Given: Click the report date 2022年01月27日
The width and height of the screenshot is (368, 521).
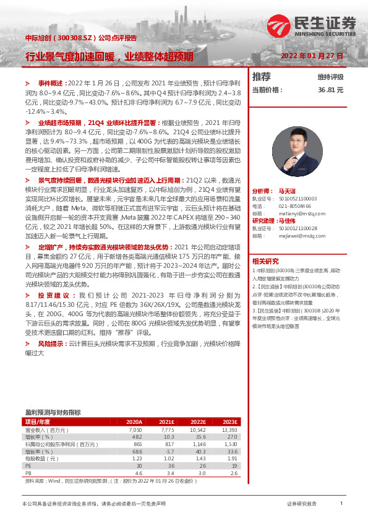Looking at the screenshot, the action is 312,56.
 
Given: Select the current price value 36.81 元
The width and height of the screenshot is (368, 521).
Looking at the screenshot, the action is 330,90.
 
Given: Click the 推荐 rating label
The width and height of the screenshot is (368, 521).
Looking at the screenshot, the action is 262,77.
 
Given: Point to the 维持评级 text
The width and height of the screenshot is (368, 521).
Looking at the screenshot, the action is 330,77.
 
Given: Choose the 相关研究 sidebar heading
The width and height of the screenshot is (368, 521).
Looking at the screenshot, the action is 265,260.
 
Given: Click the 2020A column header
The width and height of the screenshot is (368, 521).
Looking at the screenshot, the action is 133,421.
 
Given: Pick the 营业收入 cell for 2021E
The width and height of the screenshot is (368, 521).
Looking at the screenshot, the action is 168,429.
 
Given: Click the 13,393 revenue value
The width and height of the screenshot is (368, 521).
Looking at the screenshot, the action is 229,429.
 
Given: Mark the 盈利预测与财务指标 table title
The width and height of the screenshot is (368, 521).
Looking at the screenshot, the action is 53,411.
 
